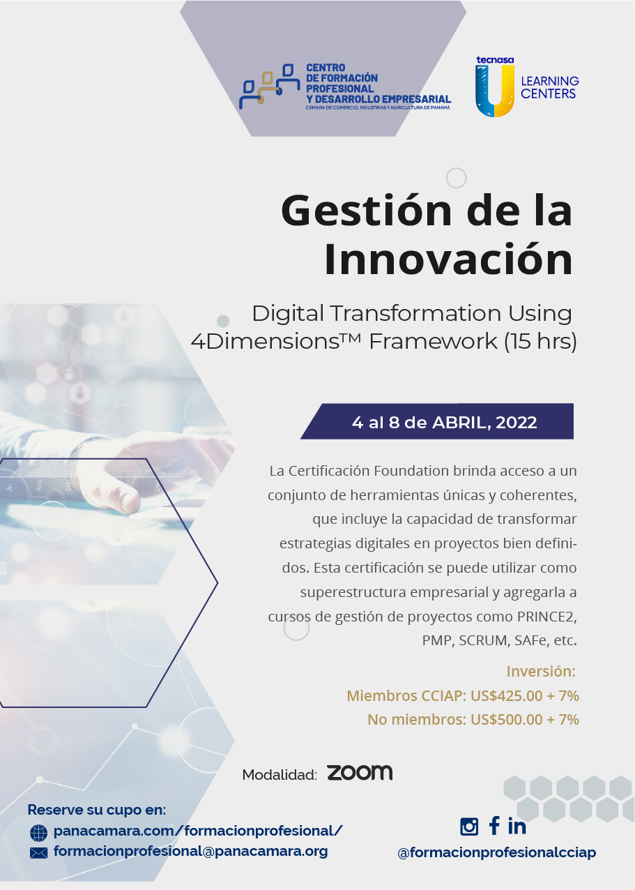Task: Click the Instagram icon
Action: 469,827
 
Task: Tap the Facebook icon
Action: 494,826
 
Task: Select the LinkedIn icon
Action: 517,826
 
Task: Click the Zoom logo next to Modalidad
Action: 360,773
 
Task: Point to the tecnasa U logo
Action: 495,87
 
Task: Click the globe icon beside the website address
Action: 38,832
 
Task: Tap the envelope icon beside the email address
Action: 38,852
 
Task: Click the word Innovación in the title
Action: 449,259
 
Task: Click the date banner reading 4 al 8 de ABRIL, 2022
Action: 437,421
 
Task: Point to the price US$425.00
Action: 506,695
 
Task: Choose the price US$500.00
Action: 506,719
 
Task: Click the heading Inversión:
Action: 541,672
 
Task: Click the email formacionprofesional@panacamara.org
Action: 190,851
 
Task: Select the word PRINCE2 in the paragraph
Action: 547,617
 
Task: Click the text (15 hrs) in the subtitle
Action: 540,341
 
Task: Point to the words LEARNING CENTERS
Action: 550,87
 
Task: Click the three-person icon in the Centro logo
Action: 269,86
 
